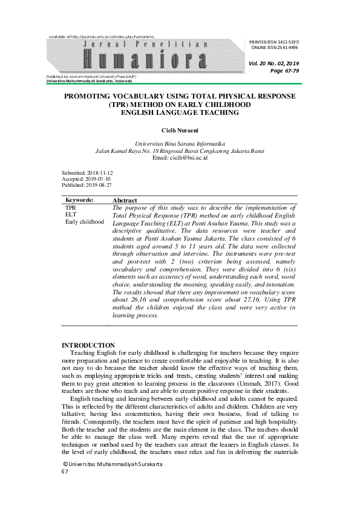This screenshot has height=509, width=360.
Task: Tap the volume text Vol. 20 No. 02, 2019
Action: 273,63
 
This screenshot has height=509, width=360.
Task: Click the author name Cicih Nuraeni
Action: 180,130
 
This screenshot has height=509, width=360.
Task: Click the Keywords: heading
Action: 79,199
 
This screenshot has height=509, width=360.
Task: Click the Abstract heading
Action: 125,200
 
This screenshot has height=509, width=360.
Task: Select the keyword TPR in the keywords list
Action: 71,207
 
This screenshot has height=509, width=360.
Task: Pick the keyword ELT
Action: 71,215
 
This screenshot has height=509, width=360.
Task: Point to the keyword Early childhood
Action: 85,222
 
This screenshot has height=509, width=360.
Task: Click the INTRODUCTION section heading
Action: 88,345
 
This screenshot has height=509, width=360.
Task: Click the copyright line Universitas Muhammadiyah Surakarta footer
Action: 114,464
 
